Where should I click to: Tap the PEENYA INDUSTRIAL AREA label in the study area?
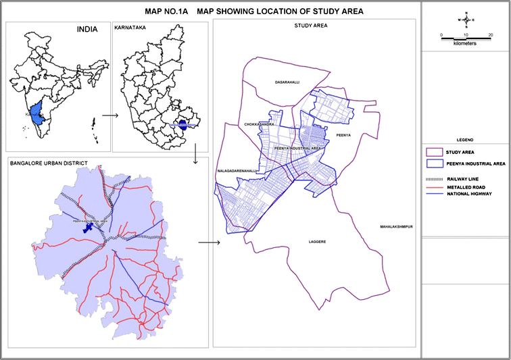(297, 147)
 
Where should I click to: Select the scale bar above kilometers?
(465, 38)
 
